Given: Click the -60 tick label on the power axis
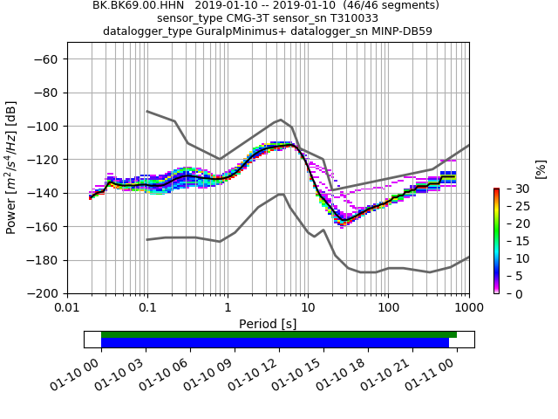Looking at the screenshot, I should pos(45,59).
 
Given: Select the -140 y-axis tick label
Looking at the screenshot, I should pos(42,193).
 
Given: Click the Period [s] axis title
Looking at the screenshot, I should pos(268,324).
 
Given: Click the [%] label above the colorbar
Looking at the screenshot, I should pos(541,168).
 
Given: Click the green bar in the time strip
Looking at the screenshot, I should pos(279,334).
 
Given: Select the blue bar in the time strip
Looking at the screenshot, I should pos(275,343).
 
